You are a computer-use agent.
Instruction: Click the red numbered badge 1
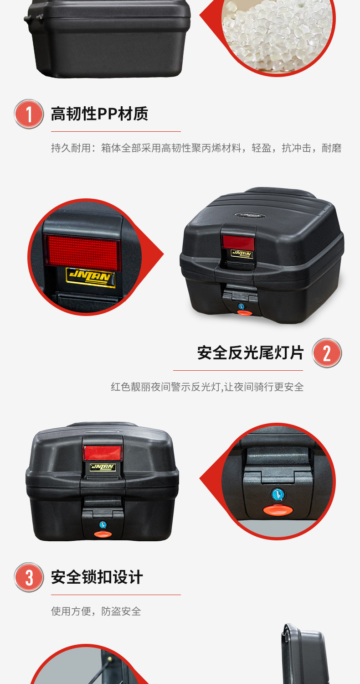[29, 114]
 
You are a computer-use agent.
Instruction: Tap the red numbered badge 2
[327, 353]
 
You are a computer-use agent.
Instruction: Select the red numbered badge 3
[29, 577]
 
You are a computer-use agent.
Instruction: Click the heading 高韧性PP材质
[99, 114]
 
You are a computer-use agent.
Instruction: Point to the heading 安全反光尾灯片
[250, 352]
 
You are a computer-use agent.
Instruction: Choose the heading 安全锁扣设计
[97, 577]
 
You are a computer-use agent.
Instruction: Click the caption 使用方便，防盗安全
[96, 611]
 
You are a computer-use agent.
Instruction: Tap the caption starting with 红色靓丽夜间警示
[207, 387]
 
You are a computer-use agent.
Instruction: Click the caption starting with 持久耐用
[196, 148]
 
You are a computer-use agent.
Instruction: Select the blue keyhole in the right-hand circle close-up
[278, 494]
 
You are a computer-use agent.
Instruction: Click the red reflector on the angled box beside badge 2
[238, 242]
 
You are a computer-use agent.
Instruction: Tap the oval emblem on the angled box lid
[250, 215]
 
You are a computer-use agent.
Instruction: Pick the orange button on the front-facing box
[103, 534]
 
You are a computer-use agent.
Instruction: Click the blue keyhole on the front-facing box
[103, 525]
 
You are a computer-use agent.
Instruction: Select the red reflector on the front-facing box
[103, 452]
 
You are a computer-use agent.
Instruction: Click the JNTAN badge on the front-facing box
[103, 467]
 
